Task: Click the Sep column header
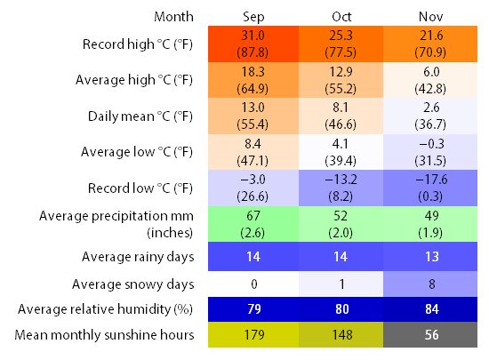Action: click(x=253, y=17)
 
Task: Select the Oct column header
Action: click(x=341, y=17)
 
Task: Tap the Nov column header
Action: click(x=430, y=17)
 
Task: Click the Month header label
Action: click(x=173, y=17)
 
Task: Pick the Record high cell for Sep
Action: click(x=253, y=44)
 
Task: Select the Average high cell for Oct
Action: click(x=341, y=80)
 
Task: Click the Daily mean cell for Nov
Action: click(x=430, y=116)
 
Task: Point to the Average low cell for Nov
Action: click(x=430, y=152)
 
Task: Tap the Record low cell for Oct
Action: click(x=341, y=188)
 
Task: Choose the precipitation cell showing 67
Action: click(x=253, y=224)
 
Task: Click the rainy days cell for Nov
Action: click(x=430, y=257)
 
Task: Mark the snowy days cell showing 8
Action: click(x=430, y=284)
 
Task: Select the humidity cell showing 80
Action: click(x=341, y=309)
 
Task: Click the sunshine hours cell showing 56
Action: click(x=430, y=334)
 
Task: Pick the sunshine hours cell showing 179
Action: click(x=253, y=334)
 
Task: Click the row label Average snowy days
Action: click(x=133, y=284)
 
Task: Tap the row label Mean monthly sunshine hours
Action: click(x=104, y=335)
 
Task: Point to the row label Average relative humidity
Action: click(x=106, y=309)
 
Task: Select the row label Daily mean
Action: click(x=140, y=116)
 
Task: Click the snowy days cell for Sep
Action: click(x=253, y=284)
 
